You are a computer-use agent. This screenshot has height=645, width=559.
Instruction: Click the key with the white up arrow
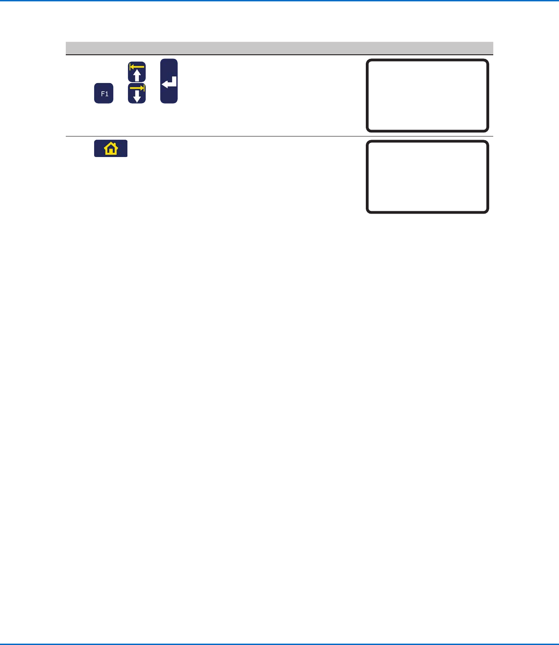pos(137,72)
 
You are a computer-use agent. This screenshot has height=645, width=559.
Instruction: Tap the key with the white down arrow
pos(137,94)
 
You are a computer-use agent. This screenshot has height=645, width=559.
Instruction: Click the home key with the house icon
pos(111,149)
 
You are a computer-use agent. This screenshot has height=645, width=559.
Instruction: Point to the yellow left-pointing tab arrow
pos(137,67)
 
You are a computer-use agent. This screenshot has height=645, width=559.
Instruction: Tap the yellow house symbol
pos(111,149)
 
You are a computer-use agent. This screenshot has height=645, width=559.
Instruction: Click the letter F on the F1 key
pos(103,94)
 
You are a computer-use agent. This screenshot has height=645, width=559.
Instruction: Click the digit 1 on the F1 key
pos(107,94)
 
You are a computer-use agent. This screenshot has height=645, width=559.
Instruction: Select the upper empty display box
pos(427,95)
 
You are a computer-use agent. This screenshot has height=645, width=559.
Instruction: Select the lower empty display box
pos(427,177)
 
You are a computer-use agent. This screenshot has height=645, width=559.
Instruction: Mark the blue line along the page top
pos(279,1)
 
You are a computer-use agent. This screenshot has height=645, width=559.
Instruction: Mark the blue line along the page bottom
pos(279,644)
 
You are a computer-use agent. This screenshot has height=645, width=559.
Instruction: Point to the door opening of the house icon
pos(111,151)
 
